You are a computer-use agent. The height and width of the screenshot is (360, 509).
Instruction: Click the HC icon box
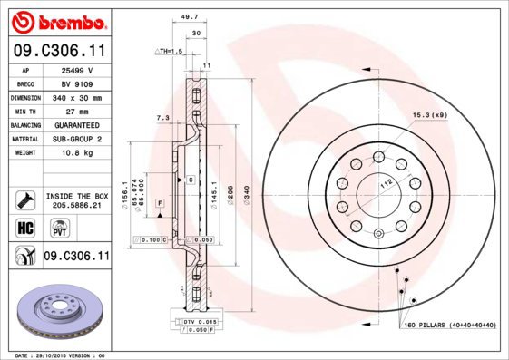pos(25,227)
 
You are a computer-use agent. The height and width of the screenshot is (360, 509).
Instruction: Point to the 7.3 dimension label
pos(163,118)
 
